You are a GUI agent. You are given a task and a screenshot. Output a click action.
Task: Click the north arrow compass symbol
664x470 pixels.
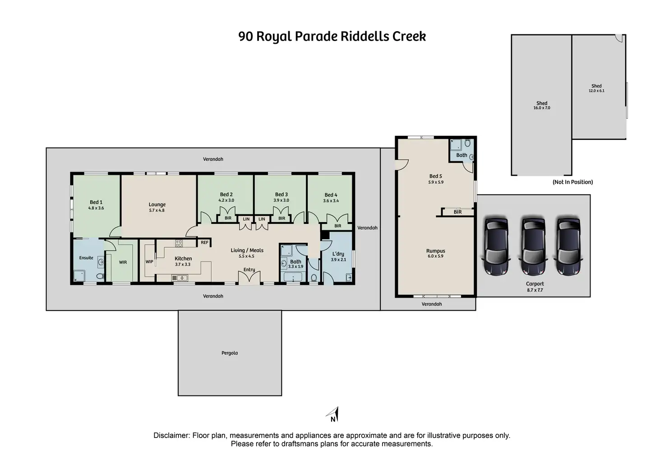(x=333, y=414)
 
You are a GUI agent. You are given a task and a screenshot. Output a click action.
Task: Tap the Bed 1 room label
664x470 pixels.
(x=96, y=202)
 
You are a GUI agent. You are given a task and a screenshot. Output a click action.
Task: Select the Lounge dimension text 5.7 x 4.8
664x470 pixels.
(x=157, y=210)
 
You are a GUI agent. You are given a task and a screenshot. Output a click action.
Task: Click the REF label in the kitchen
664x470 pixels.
(x=204, y=242)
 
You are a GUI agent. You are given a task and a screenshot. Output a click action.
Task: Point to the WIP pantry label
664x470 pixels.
(x=149, y=261)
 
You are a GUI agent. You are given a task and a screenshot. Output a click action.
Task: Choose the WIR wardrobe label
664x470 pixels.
(x=123, y=262)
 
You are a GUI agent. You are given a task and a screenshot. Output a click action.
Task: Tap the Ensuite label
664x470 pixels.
(x=86, y=258)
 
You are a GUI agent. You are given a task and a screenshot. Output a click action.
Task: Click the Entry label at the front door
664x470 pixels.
(x=249, y=270)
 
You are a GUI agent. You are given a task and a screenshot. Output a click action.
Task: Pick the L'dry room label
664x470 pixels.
(x=338, y=254)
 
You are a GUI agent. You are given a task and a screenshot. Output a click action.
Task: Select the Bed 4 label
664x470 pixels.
(x=331, y=195)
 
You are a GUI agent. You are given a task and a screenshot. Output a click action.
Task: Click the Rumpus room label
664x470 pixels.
(x=436, y=251)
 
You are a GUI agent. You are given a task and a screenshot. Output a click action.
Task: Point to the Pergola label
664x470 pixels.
(x=230, y=353)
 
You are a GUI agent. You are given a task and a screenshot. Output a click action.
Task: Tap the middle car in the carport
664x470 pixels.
(x=533, y=246)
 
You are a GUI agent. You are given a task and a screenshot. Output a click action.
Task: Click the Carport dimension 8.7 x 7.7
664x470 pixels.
(x=535, y=290)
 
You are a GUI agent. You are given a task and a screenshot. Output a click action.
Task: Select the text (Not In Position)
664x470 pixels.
(x=572, y=182)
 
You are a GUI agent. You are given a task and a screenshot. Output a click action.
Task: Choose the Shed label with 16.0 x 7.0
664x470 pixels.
(x=542, y=103)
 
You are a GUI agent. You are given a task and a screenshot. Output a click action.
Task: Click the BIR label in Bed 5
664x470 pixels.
(x=457, y=212)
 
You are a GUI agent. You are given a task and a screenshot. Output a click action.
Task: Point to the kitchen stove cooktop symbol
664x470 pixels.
(x=179, y=243)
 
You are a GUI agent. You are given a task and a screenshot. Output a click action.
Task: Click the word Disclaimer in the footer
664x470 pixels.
(x=171, y=436)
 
